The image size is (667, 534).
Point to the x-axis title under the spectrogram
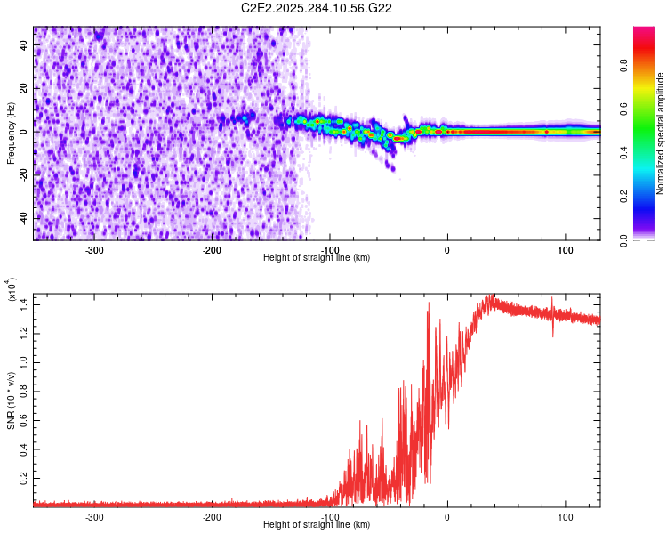point(317,257)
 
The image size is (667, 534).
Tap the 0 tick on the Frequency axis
point(24,132)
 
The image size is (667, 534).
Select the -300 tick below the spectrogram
point(94,249)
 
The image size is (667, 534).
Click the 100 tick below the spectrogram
point(565,249)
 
